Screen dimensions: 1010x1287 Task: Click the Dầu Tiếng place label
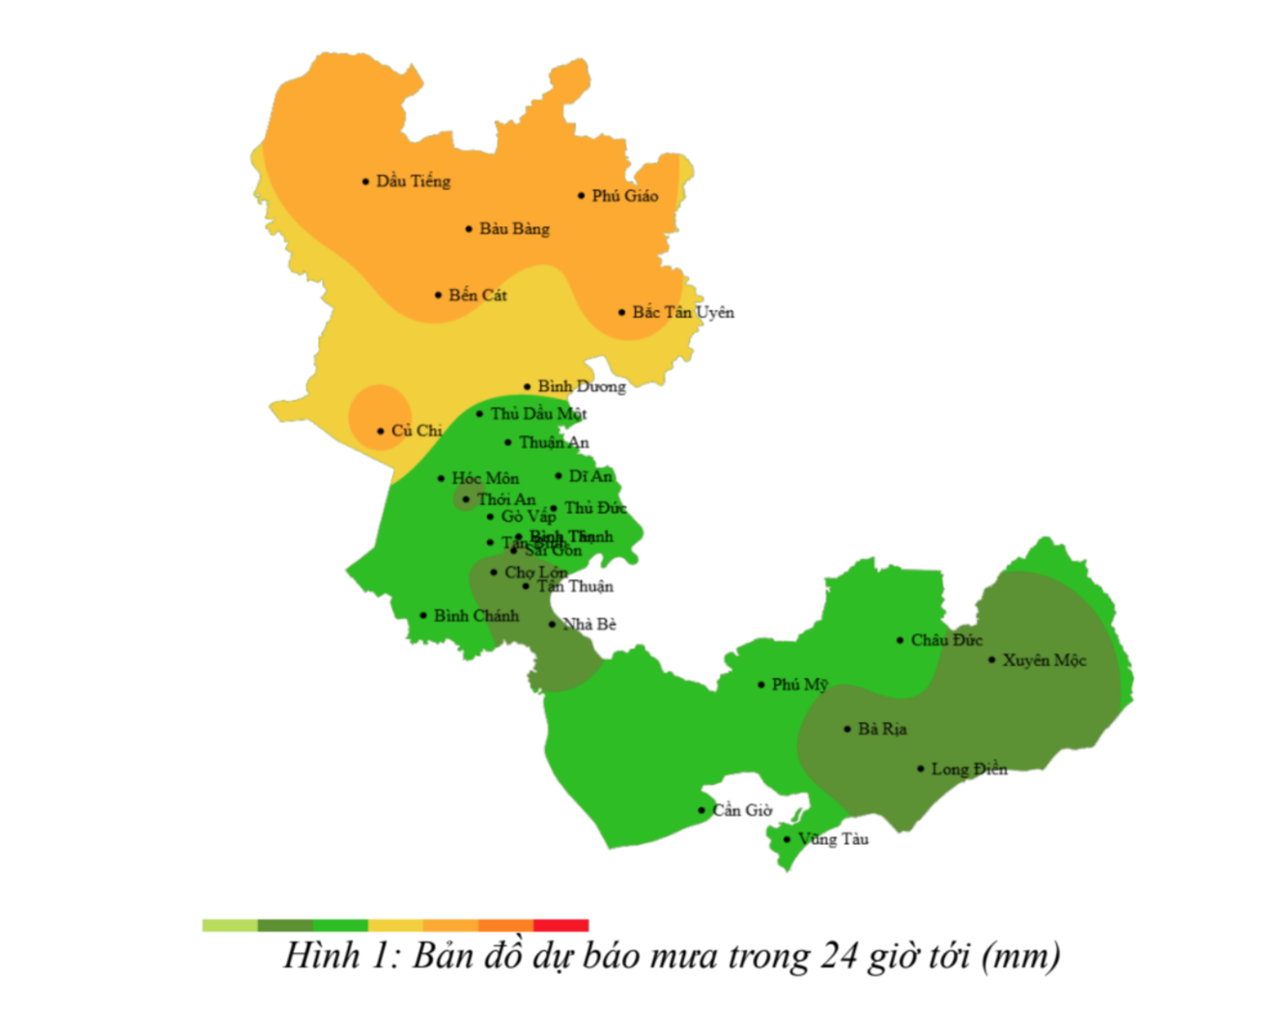pos(413,182)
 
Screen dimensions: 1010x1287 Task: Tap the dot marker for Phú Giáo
pos(582,196)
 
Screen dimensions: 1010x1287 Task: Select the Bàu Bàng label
pos(514,229)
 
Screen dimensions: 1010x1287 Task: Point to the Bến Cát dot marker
pos(439,295)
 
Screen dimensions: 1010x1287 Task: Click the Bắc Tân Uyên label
pos(683,313)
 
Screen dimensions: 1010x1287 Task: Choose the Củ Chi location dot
pos(381,432)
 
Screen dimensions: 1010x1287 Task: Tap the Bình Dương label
pos(582,386)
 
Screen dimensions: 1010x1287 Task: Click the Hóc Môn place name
pos(485,478)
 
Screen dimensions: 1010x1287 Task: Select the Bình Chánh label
pos(476,616)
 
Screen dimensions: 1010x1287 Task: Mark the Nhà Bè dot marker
pos(553,625)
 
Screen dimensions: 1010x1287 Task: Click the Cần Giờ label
pos(742,810)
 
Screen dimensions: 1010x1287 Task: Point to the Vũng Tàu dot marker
pos(787,839)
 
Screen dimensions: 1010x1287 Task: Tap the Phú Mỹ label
pos(799,685)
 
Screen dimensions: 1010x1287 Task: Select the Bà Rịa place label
pos(882,729)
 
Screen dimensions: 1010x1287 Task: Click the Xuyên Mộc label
pos(1044,660)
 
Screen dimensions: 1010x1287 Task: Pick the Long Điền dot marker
pos(921,770)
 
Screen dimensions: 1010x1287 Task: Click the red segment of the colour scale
pos(560,925)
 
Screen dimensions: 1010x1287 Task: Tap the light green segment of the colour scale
pos(230,925)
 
